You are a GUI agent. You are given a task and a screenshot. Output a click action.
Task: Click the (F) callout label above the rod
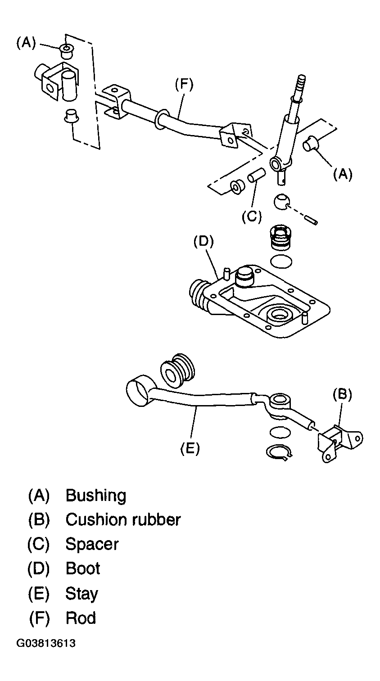(x=184, y=84)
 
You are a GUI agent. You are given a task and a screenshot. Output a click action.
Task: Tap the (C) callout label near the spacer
(x=252, y=216)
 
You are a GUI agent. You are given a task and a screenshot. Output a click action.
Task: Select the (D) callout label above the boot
(x=204, y=241)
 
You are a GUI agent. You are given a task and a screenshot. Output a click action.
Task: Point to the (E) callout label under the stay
(x=190, y=448)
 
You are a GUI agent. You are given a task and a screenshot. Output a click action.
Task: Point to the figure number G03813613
(x=45, y=643)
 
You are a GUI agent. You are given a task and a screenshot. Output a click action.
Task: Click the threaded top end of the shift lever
(x=301, y=86)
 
